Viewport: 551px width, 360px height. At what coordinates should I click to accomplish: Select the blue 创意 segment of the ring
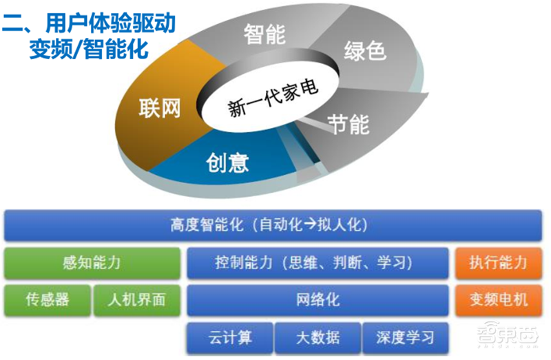[227, 162]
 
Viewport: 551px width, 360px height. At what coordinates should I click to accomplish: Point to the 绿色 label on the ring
[364, 50]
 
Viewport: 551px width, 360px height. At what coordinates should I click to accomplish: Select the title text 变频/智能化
[90, 50]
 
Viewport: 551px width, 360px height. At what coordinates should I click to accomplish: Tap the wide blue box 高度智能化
[273, 225]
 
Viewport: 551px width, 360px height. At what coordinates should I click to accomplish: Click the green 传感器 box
[48, 299]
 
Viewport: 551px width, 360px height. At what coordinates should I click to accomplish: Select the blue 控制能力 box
[317, 262]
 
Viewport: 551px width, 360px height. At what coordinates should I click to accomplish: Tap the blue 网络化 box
[317, 299]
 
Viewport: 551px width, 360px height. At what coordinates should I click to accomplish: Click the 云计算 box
[230, 337]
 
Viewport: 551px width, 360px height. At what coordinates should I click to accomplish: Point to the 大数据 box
[317, 337]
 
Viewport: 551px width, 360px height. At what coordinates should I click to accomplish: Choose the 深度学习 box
[406, 337]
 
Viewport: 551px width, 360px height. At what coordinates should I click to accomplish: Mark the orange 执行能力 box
[499, 262]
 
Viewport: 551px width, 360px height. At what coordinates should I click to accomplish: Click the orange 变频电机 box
[499, 299]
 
